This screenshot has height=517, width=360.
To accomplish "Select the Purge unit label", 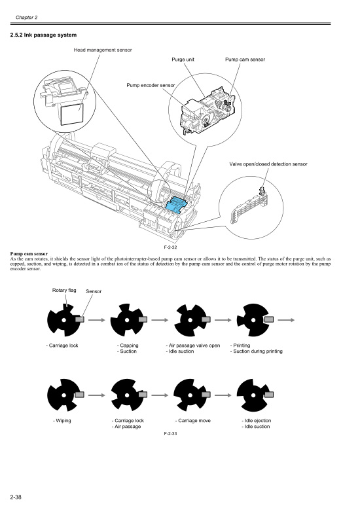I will pos(183,60).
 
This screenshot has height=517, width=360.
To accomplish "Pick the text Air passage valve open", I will pos(192,345).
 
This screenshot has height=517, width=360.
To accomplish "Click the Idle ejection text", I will pos(256,420).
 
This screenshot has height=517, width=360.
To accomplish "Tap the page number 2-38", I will pos(17,499).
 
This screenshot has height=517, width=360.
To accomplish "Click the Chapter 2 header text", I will pos(28,16).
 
